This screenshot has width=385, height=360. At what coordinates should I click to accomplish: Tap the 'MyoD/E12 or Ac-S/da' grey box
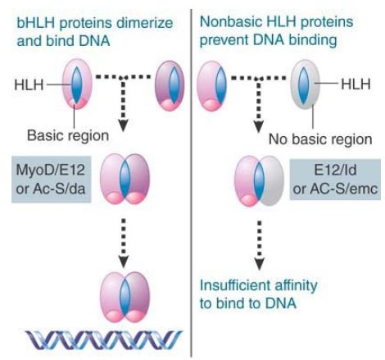coord(51,180)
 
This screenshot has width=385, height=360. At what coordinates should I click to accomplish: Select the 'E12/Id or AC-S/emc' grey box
coord(335,180)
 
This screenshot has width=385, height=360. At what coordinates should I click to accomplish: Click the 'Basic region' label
coord(68,135)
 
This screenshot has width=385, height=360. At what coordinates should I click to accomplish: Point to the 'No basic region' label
coord(320,139)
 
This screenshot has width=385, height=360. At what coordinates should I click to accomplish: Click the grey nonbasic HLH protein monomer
coord(305,84)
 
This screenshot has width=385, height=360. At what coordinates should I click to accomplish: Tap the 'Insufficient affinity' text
coord(258,285)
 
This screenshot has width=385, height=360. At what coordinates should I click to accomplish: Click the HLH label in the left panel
coord(29,84)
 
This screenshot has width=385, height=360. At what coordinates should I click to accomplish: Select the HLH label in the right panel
coord(356,84)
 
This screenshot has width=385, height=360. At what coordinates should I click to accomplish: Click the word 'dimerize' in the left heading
coord(145,22)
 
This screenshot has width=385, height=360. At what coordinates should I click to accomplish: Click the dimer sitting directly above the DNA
coord(125,298)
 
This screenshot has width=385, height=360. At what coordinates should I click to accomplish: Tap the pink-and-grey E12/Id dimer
coord(259,181)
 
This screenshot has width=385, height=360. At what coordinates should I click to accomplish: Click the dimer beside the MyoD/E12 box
coord(125,179)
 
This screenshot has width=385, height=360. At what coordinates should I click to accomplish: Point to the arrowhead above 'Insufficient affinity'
coord(260,263)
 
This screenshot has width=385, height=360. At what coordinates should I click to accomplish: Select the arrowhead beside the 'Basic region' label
coord(124,125)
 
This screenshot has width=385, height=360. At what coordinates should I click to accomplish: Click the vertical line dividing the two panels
coord(191,183)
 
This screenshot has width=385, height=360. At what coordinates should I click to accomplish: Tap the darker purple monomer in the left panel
coord(170,85)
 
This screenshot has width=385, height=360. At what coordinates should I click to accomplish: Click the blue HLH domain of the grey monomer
coord(303,84)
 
